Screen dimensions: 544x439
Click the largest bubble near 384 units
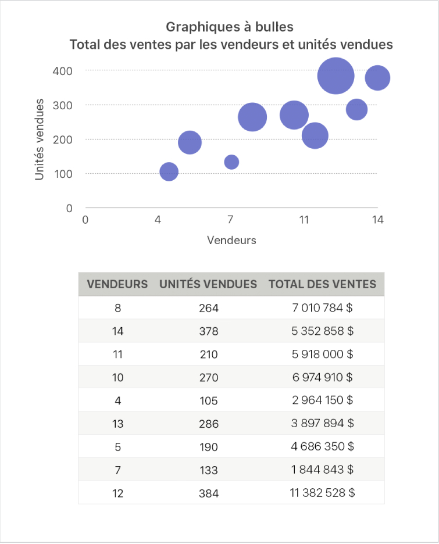(x=336, y=76)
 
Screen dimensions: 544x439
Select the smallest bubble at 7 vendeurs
(x=231, y=162)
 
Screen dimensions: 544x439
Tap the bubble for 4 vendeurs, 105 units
(x=169, y=171)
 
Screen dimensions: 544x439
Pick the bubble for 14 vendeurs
(x=377, y=78)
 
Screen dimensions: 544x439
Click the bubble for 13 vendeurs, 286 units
(x=357, y=109)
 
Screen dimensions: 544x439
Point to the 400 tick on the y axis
(x=60, y=71)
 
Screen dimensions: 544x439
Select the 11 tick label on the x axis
(x=304, y=220)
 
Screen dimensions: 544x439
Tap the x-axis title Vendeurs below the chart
(x=231, y=240)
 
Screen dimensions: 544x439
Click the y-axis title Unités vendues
(x=40, y=139)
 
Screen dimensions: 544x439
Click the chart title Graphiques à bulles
(x=230, y=27)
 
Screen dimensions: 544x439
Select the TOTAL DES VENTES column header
(x=322, y=284)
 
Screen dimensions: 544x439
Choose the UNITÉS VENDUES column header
(x=208, y=284)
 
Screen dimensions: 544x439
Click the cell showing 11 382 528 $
(x=322, y=493)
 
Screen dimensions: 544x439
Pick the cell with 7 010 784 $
(x=322, y=308)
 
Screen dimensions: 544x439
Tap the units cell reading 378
(x=208, y=331)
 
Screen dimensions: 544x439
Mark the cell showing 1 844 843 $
(x=322, y=470)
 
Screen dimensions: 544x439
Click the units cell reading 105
(x=208, y=401)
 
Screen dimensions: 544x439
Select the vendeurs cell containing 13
(x=118, y=424)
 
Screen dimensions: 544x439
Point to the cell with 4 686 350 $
(x=322, y=447)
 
